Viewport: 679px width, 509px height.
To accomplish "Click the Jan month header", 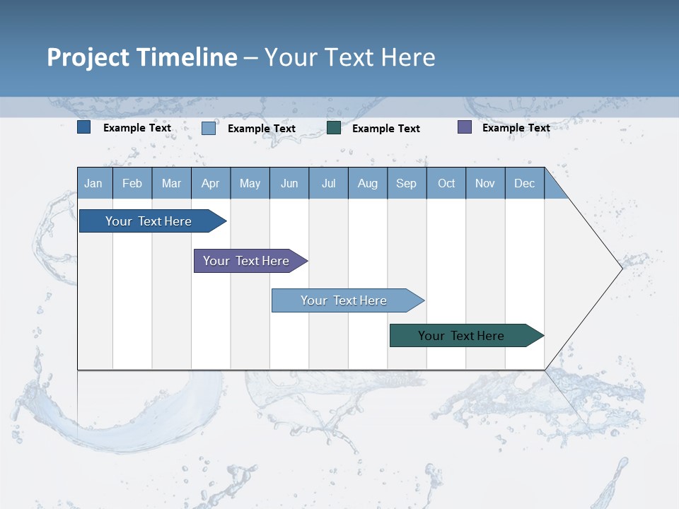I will (x=93, y=183).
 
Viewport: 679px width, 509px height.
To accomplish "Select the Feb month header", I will (x=132, y=183).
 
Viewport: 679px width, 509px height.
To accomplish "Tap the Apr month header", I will (x=211, y=183).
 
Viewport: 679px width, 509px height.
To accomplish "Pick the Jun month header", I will (x=289, y=183).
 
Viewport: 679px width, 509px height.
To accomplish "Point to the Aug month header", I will (x=368, y=183).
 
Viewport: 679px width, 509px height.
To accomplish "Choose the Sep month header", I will (x=407, y=183).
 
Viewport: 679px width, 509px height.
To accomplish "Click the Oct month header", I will (x=446, y=183).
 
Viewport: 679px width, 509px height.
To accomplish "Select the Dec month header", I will (x=525, y=183).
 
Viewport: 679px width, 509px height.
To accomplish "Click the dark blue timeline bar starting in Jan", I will (x=149, y=221).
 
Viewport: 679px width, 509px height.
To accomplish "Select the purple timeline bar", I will (x=246, y=261).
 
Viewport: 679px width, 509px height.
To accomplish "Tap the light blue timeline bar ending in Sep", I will (x=344, y=300).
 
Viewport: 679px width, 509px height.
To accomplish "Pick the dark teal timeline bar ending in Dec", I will (x=461, y=336).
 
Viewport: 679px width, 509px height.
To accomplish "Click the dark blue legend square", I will (x=84, y=127).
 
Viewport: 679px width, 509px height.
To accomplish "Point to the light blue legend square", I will (x=209, y=128).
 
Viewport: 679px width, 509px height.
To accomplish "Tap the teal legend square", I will (x=334, y=128).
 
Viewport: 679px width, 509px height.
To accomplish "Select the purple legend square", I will (x=465, y=127).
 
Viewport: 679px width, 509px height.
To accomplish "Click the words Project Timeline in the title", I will (x=141, y=57).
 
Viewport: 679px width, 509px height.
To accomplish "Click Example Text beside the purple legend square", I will (x=516, y=128).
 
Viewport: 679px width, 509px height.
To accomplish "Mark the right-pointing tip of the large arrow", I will (x=621, y=268).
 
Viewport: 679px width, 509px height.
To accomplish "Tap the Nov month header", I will (x=485, y=183).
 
